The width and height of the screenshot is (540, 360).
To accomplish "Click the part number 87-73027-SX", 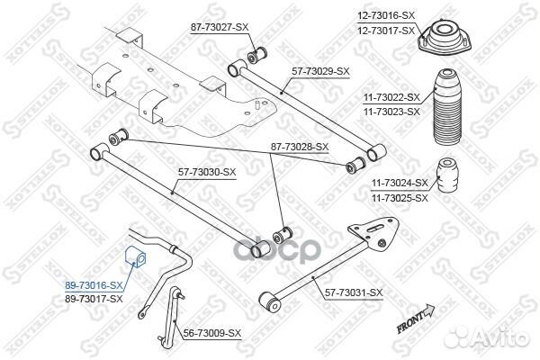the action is click(x=220, y=28).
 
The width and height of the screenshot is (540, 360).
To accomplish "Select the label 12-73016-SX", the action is click(x=386, y=15).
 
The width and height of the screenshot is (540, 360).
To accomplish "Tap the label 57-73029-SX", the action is click(x=320, y=72).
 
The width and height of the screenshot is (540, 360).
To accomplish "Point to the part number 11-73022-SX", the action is click(x=391, y=98).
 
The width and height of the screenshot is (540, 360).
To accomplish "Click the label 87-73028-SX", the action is click(x=300, y=147).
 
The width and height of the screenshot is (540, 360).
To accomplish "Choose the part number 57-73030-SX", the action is click(x=207, y=172).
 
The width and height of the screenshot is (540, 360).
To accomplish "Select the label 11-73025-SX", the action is click(x=400, y=198).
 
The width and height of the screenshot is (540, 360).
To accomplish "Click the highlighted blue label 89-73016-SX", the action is click(x=94, y=285).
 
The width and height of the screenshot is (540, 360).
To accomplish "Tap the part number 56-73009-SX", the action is click(x=212, y=333).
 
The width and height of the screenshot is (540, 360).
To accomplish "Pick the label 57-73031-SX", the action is click(x=354, y=293).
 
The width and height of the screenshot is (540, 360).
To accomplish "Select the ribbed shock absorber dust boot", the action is click(x=445, y=107).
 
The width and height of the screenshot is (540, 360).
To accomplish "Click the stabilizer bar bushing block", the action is click(x=135, y=256).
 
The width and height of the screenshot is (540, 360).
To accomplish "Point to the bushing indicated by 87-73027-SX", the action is click(x=257, y=54).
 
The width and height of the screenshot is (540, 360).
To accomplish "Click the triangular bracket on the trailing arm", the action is click(x=374, y=235).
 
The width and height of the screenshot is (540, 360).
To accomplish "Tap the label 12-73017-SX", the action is click(x=386, y=31).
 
